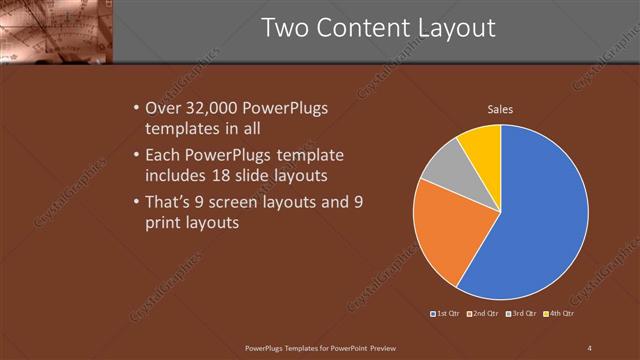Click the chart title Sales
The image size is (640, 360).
(x=501, y=109)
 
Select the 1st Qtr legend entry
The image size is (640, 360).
(x=445, y=314)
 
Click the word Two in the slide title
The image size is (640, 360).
(x=290, y=28)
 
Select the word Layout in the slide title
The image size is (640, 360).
(x=455, y=28)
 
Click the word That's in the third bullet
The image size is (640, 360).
(x=172, y=202)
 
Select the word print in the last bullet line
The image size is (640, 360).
(x=165, y=224)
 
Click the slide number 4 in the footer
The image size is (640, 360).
(x=589, y=347)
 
